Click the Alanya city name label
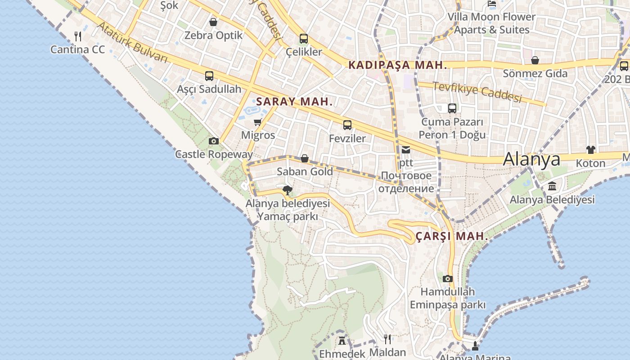point(531,159)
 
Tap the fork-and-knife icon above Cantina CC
point(78,36)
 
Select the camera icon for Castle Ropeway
point(214,141)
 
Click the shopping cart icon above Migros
point(258,122)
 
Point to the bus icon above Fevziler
point(347,125)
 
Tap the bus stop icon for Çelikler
point(304,39)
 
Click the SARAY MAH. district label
point(294,102)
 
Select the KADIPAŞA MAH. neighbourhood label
point(398,65)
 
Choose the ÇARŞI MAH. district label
point(451,236)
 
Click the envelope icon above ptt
point(406,150)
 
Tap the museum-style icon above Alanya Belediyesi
point(552,186)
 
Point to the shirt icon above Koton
point(590,150)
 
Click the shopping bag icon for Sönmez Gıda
point(535,60)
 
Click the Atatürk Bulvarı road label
point(132,43)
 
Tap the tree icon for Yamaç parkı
point(287,190)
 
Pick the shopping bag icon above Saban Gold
point(305,158)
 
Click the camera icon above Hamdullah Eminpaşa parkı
point(447,279)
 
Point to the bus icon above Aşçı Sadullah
point(209,76)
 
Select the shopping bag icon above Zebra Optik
point(213,22)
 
